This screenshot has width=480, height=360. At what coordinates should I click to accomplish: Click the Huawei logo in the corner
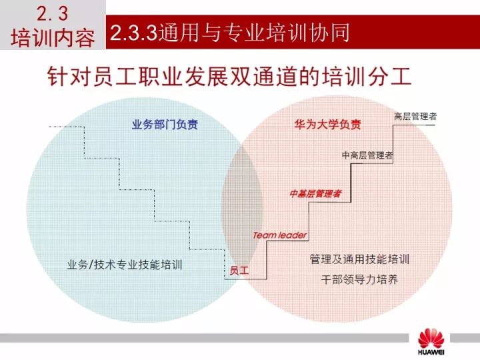point(431,342)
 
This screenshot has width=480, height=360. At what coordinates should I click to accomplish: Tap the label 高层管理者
point(415,116)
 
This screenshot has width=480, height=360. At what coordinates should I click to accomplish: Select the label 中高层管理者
point(367,155)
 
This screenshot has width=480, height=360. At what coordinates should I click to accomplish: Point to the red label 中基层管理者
point(315,193)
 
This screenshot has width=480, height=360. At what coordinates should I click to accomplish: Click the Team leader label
point(279,235)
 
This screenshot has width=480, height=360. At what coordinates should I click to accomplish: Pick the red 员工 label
point(239,270)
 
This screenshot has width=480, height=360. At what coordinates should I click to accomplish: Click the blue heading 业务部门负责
point(165,125)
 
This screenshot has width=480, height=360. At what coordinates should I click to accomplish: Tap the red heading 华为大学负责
point(328,125)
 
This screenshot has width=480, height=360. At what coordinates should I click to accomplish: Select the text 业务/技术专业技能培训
point(125,265)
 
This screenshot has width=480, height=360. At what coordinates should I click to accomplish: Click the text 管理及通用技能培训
point(359,259)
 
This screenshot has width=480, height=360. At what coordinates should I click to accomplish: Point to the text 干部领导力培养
point(359,279)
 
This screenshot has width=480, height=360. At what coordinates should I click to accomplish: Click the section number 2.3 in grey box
point(53,14)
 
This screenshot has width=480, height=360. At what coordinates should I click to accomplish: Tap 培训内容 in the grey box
point(53,38)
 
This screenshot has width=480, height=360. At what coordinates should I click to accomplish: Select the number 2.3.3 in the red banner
point(133,33)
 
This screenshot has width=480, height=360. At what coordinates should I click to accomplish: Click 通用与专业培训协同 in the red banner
point(254,33)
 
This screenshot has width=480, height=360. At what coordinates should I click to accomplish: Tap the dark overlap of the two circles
point(242,208)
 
